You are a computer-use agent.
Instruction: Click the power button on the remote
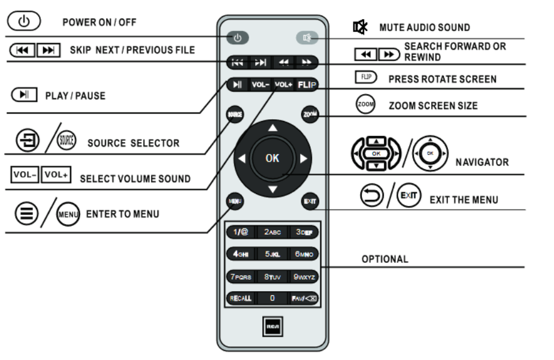238,39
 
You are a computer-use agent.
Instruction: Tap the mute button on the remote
307,39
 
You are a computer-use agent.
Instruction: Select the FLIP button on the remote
307,85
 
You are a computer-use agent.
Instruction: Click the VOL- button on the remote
261,85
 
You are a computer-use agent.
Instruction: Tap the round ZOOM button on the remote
309,114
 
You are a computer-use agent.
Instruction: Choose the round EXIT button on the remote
310,201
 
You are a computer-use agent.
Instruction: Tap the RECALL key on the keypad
239,298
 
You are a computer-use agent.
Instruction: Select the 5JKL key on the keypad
273,254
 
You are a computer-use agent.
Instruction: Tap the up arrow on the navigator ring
273,128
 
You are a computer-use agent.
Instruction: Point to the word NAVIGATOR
485,162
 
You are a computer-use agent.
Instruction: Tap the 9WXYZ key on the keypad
306,276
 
